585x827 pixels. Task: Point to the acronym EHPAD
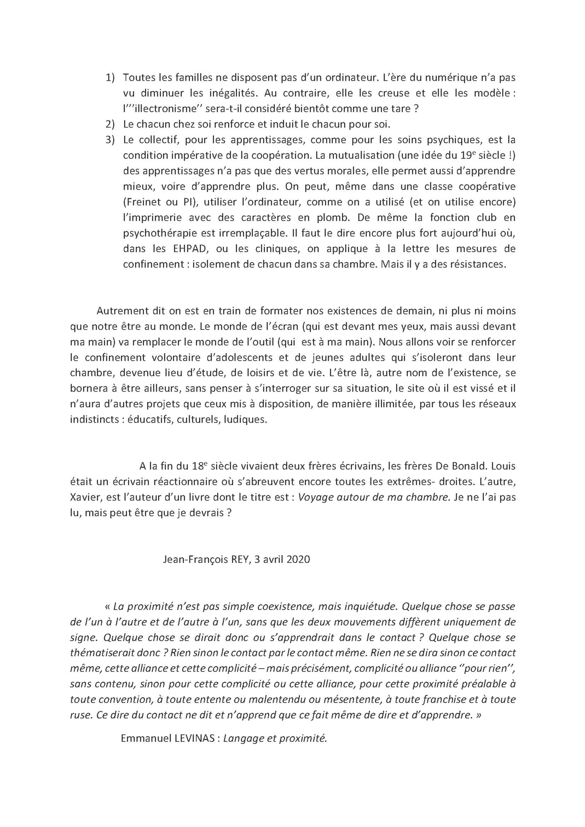tap(183, 249)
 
